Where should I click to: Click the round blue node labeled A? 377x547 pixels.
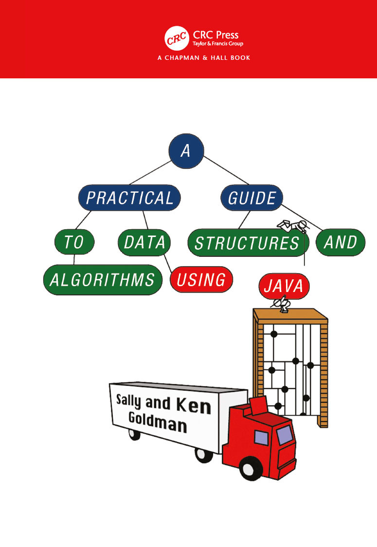coord(186,151)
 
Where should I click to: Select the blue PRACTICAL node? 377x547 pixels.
coord(129,198)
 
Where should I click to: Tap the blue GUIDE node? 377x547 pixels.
coord(252,198)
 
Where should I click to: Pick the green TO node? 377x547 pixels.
coord(74,241)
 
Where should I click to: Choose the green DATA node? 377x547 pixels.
coord(144,241)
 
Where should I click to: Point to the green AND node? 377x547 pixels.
coord(341,242)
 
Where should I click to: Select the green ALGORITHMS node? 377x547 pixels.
coord(102,280)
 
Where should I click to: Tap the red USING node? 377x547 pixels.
coord(201,279)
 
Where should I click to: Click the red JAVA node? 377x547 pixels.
coord(284,286)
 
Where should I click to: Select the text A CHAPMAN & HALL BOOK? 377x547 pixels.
coord(204,58)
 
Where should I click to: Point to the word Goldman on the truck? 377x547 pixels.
coord(157,422)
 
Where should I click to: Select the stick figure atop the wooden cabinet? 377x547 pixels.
coord(281,305)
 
